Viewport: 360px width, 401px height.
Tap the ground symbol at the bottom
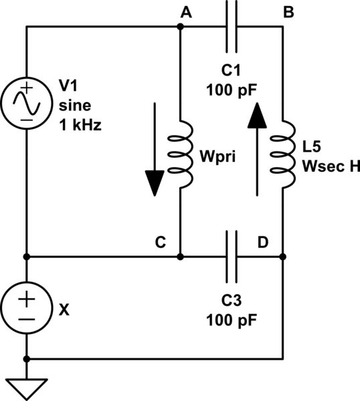click(26, 387)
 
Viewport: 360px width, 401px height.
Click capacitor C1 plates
click(231, 27)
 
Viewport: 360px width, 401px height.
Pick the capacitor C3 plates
click(231, 256)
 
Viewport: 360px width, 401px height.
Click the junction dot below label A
click(181, 27)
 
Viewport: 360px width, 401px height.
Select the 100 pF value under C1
click(231, 89)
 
